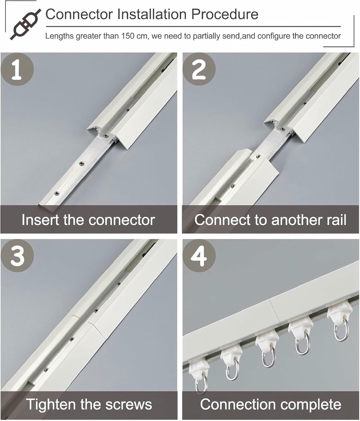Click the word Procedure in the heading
[x=225, y=14]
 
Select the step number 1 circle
[x=17, y=69]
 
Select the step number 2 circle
[x=199, y=69]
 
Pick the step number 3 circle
[x=17, y=255]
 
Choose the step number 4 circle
[x=199, y=255]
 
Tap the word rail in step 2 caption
[x=336, y=220]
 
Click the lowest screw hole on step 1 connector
[x=57, y=193]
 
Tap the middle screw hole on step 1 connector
[x=81, y=163]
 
